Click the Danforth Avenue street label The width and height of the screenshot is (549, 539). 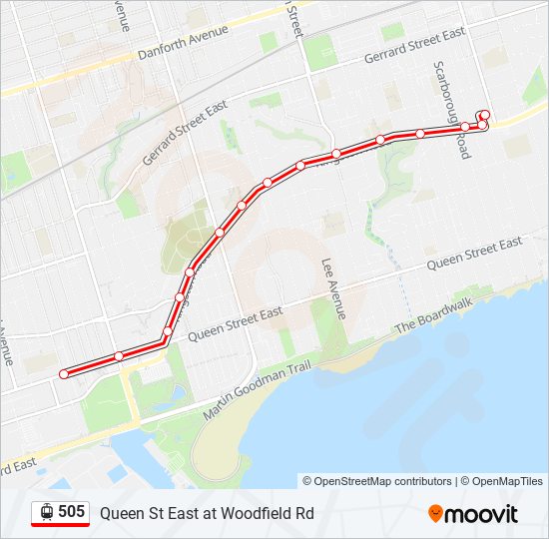click(184, 43)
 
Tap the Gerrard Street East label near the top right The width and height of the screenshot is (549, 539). click(414, 45)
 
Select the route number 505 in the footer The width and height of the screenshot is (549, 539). click(71, 512)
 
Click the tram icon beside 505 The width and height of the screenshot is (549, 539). click(47, 512)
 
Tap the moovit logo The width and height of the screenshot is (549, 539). click(473, 514)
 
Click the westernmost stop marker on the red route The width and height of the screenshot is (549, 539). click(64, 373)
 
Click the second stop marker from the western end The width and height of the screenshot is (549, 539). click(119, 356)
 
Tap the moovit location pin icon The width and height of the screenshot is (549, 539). click(436, 514)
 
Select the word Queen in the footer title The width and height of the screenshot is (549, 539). click(120, 513)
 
